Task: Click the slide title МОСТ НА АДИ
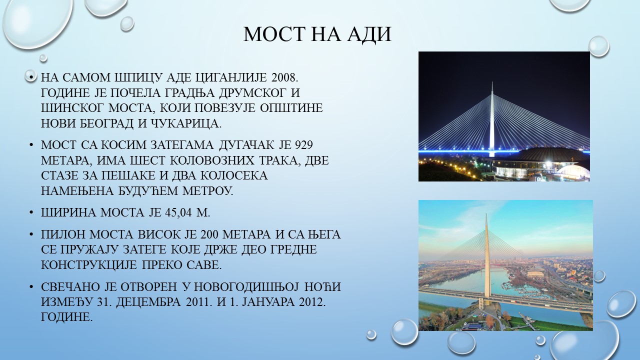[317, 34]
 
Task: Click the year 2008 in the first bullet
[285, 77]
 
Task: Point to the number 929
[303, 145]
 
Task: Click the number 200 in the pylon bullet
[210, 234]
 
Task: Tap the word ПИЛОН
[63, 234]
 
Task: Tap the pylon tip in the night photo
[492, 82]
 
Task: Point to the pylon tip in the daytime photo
[486, 214]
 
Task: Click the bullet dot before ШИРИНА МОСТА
[31, 213]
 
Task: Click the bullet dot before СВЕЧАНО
[31, 287]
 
